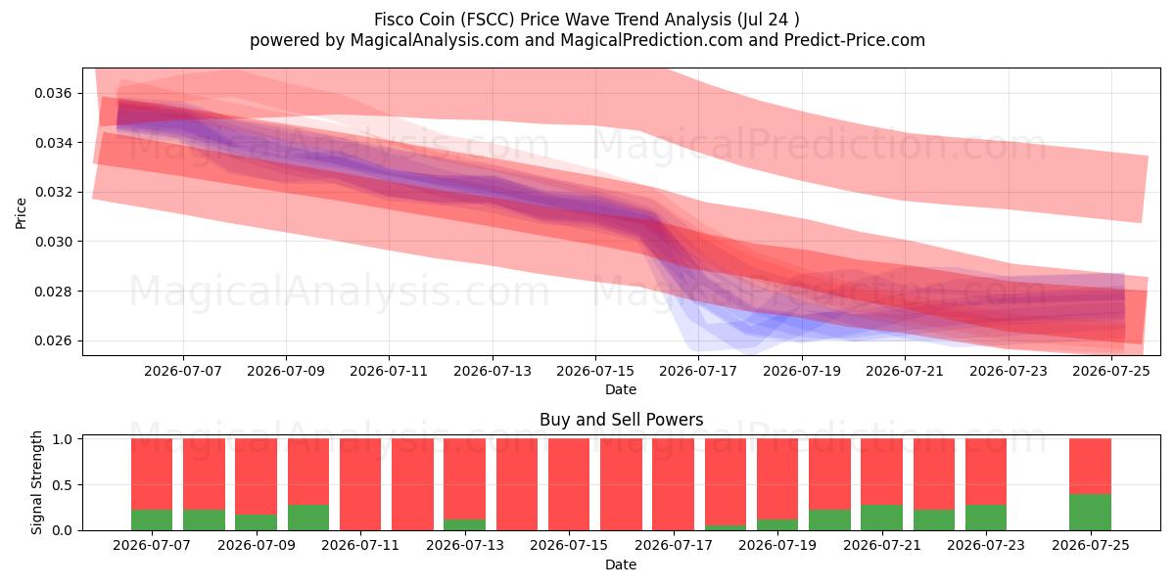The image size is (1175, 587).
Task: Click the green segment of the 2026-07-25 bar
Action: click(1090, 512)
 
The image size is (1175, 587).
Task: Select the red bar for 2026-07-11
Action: click(360, 484)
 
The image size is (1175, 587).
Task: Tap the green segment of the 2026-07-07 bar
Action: click(152, 519)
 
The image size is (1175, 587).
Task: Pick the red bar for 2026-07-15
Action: click(569, 484)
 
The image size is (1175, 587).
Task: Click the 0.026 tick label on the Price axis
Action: click(53, 340)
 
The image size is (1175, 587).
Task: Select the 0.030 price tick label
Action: click(53, 242)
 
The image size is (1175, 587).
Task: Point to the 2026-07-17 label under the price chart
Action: click(698, 371)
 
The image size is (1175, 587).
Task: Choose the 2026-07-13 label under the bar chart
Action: click(465, 545)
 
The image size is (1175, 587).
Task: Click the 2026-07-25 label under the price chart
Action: click(1111, 371)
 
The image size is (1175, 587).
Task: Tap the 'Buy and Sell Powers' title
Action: click(621, 420)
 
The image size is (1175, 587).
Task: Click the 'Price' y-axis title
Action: click(21, 213)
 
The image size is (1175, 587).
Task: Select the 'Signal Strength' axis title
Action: click(36, 482)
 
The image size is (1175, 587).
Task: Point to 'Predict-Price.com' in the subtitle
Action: click(855, 40)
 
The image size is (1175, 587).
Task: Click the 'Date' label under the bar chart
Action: click(621, 564)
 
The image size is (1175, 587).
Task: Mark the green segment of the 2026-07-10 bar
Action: click(308, 518)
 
